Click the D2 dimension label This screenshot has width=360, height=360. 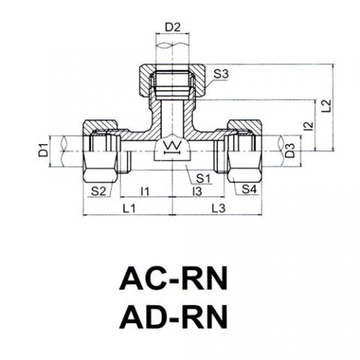pos(172,27)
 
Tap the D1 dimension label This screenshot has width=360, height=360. pos(43,150)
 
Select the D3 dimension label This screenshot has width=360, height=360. pos(290,151)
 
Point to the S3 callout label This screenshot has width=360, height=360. pos(221,74)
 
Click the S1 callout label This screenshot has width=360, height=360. pos(203,178)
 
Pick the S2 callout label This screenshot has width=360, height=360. pos(98,191)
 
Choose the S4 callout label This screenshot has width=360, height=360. pos(249,189)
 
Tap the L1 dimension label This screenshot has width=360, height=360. pos(129,208)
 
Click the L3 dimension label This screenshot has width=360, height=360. pos(218,208)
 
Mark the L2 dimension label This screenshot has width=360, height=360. pos(326,106)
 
